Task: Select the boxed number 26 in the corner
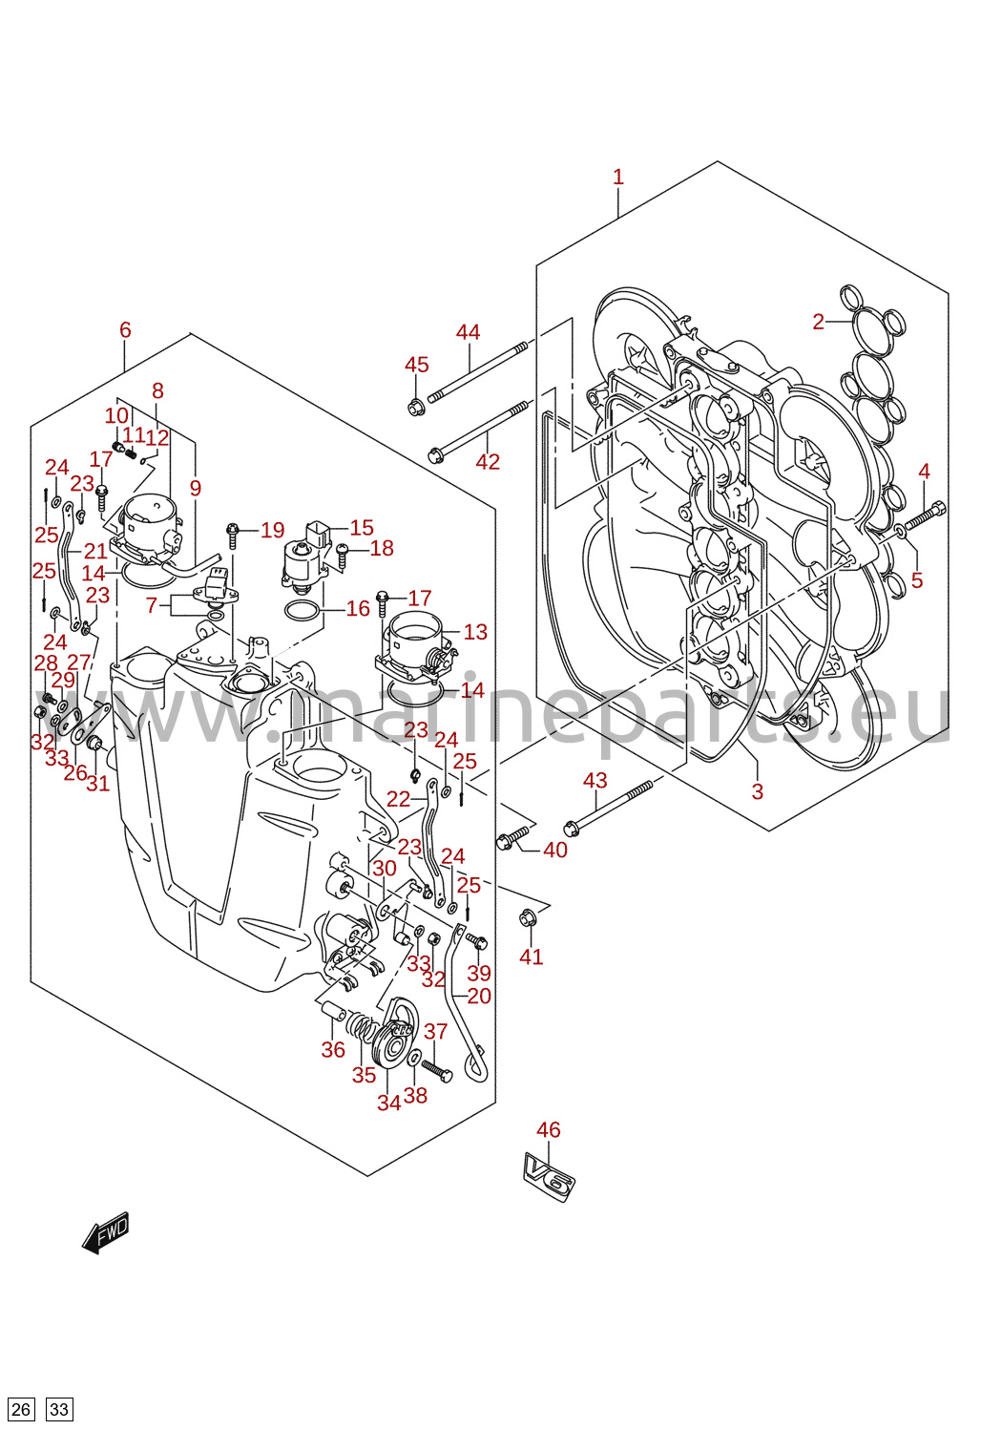pyautogui.click(x=20, y=1409)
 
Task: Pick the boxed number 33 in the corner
pyautogui.click(x=60, y=1409)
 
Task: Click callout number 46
pyautogui.click(x=549, y=1129)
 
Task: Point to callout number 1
pyautogui.click(x=617, y=177)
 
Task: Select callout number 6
pyautogui.click(x=125, y=330)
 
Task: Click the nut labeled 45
pyautogui.click(x=415, y=406)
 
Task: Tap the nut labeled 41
pyautogui.click(x=528, y=918)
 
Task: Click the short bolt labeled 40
pyautogui.click(x=512, y=837)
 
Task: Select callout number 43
pyautogui.click(x=595, y=780)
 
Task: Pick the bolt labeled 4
pyautogui.click(x=926, y=515)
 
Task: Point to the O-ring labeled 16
pyautogui.click(x=302, y=611)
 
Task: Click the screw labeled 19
pyautogui.click(x=232, y=535)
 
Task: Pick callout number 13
pyautogui.click(x=475, y=632)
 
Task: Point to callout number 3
pyautogui.click(x=757, y=791)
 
